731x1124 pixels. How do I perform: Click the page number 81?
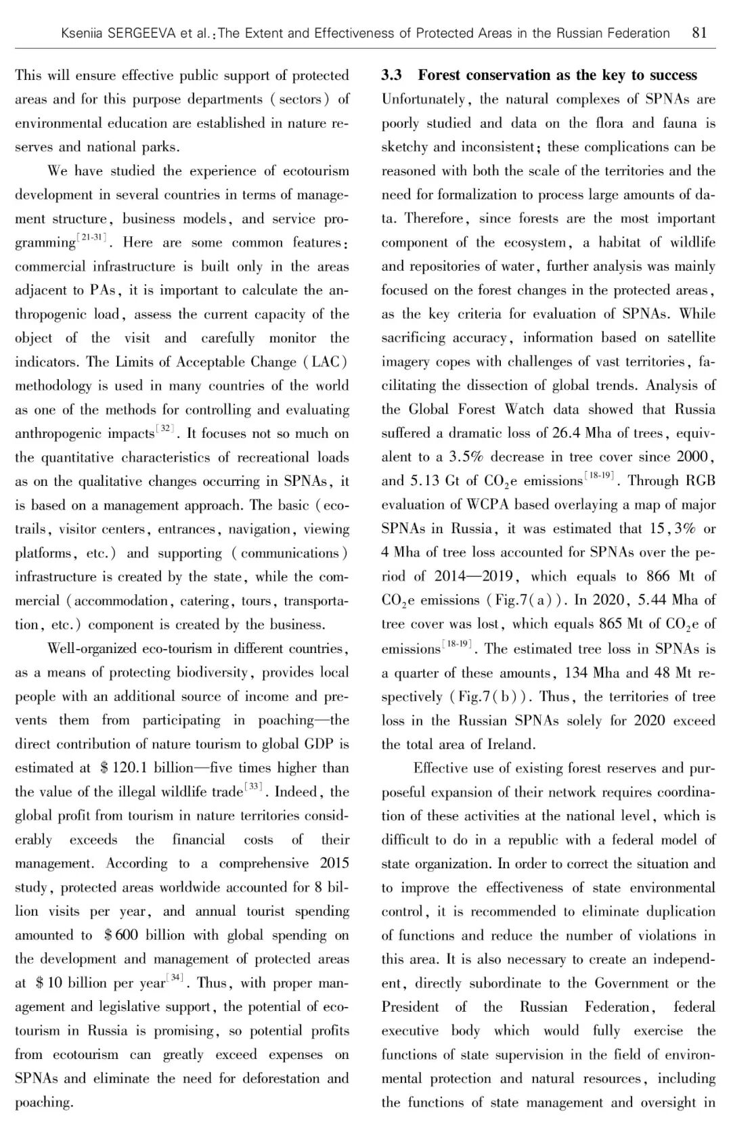700,33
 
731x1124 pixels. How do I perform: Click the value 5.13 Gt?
425,482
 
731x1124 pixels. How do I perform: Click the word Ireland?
510,744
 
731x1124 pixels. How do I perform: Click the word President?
409,1007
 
